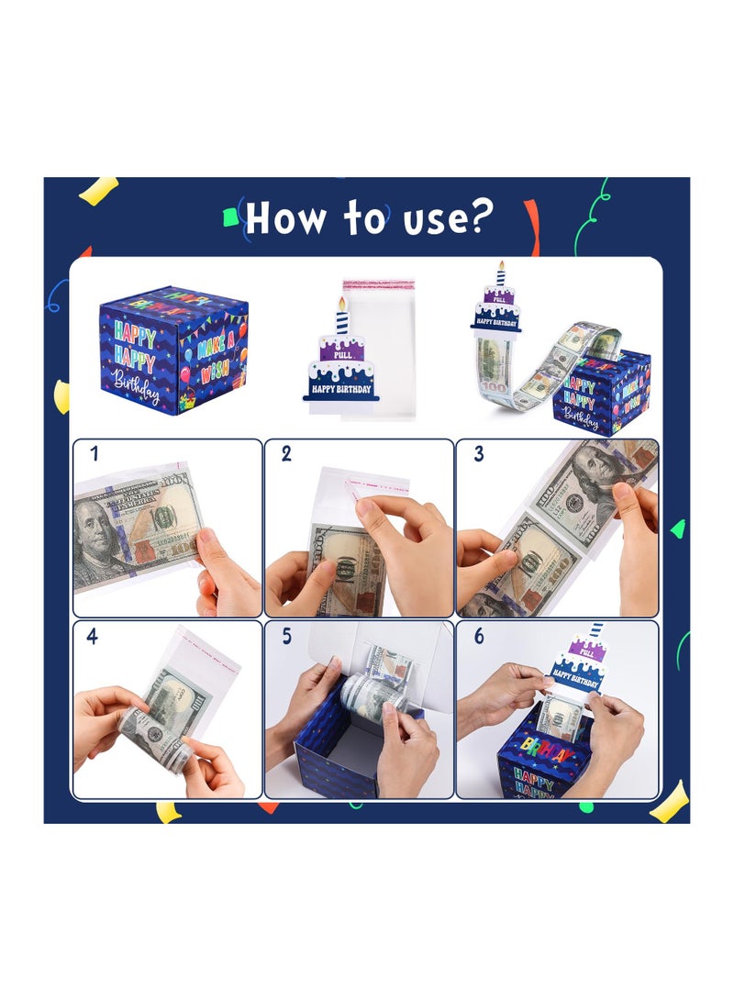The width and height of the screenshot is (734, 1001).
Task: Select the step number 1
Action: [95, 453]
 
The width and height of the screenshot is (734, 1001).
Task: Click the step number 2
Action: [286, 453]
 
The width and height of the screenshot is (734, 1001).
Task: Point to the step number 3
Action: [478, 453]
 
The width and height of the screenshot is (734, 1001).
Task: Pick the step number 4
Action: [93, 636]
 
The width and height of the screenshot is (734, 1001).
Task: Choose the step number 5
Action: [286, 636]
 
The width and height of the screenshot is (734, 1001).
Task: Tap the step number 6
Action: [478, 636]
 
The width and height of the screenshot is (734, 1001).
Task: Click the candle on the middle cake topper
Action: [342, 317]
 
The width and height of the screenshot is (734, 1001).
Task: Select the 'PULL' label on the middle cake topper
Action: [341, 351]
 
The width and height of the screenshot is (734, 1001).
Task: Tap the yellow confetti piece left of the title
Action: [97, 190]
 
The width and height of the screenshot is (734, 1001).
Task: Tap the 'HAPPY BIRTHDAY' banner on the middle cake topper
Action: [339, 388]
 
